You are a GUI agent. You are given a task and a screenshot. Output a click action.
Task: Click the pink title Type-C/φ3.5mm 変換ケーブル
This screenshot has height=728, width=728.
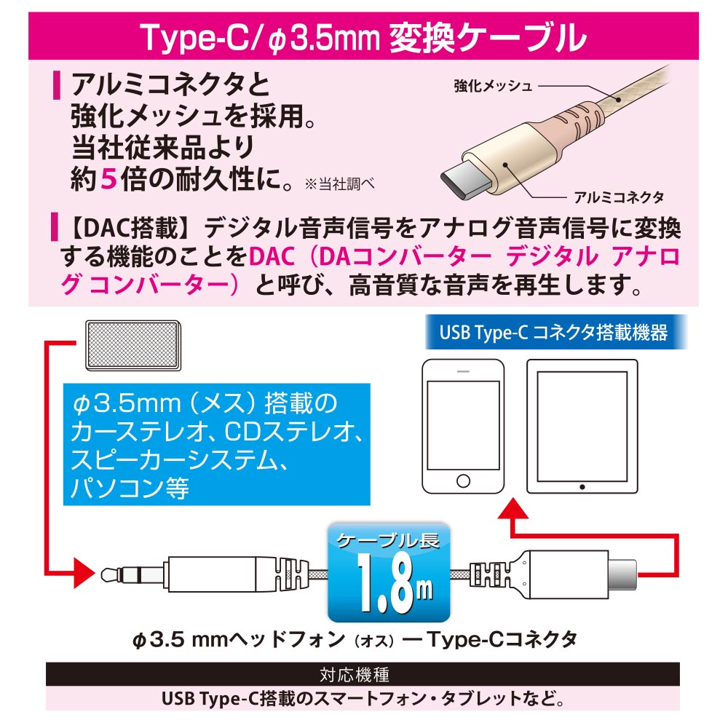coord(363,36)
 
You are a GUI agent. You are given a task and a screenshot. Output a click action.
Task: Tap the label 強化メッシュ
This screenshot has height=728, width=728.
coord(493,86)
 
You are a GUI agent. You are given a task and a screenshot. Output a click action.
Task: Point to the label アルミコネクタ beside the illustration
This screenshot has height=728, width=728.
coord(618,197)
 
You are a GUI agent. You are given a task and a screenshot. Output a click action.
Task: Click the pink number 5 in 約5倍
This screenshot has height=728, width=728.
coord(108,179)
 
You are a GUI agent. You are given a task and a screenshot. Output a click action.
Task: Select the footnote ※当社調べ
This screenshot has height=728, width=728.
coord(339,184)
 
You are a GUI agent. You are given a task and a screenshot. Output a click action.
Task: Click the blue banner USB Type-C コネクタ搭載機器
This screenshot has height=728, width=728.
coord(555,333)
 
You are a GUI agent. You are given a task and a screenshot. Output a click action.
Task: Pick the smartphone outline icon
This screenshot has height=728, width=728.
coord(463,426)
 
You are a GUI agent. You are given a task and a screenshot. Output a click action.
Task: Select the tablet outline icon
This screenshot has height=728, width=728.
coord(582,426)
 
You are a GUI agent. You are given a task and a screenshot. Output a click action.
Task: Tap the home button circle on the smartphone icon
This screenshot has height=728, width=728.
coord(463,480)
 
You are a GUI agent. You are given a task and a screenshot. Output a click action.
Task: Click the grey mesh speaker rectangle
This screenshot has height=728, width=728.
coord(133,345)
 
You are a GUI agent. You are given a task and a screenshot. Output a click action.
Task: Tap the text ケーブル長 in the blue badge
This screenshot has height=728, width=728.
coord(388,540)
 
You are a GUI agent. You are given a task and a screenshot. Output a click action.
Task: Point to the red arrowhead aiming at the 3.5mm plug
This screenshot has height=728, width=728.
coord(84,574)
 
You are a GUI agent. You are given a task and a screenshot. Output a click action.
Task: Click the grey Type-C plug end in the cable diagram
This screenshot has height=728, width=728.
coord(622,575)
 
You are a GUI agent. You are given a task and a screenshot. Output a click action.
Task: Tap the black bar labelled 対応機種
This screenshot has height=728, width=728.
coord(363,674)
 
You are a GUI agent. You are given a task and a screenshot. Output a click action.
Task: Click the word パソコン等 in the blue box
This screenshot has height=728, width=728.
coord(130,488)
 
